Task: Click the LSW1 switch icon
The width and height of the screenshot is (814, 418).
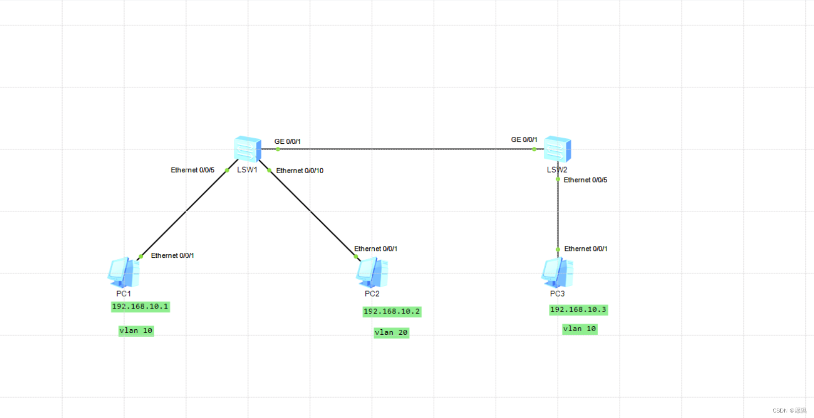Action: [x=247, y=149]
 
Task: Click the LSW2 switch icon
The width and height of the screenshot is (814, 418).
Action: [x=557, y=149]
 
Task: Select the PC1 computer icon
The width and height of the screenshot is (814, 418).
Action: [x=123, y=272]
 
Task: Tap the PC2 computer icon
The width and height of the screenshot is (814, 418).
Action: [x=372, y=273]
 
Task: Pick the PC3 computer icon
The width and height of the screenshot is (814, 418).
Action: [x=557, y=272]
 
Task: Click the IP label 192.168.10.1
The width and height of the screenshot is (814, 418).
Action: [x=140, y=306]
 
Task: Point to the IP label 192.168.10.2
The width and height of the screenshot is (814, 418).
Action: [x=392, y=311]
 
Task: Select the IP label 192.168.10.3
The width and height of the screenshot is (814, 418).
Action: [x=578, y=309]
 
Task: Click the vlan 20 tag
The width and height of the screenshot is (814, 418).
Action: [x=391, y=332]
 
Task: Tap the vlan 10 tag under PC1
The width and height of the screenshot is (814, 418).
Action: [x=136, y=330]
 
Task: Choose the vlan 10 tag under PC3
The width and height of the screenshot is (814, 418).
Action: [x=580, y=329]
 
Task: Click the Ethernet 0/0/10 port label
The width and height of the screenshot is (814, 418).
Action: [x=299, y=171]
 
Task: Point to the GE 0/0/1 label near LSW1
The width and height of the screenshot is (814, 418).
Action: [x=288, y=141]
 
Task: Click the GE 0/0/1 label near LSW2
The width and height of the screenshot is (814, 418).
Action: [x=524, y=140]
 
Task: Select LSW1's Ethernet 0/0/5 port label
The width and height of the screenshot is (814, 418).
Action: [x=192, y=170]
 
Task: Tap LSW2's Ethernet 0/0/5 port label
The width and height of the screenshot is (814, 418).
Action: [x=585, y=180]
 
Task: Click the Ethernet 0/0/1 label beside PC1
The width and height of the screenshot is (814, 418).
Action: [x=173, y=255]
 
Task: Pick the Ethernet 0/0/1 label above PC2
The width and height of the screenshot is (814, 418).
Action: [x=375, y=248]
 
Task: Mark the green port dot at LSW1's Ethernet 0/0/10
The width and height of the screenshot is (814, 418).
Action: [x=269, y=170]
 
